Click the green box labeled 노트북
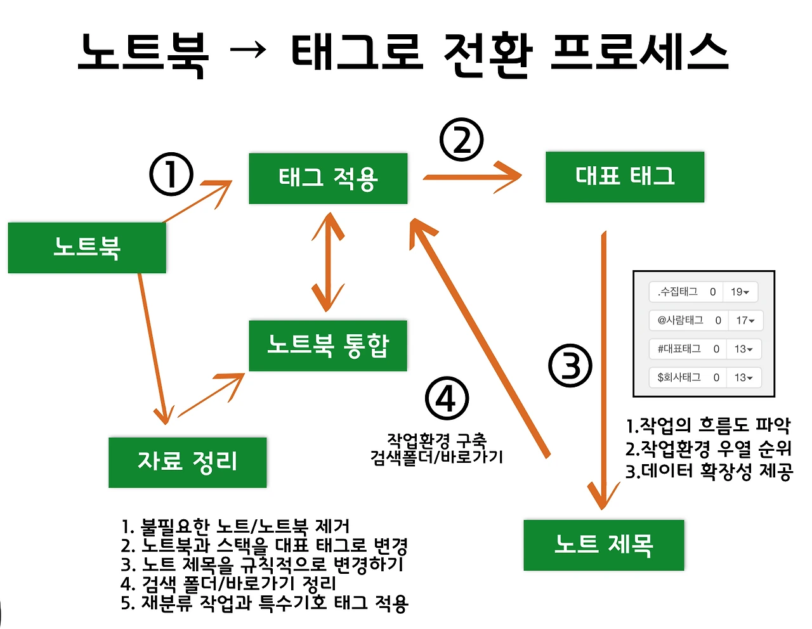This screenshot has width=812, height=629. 87,247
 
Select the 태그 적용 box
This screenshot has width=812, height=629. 328,178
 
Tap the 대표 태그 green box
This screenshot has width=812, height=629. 625,177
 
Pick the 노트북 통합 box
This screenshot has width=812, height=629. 328,346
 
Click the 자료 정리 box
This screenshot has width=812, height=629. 187,462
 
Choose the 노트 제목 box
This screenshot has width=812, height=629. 603,545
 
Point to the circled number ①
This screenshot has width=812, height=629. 171,174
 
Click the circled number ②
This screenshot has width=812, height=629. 462,139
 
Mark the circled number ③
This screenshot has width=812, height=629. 570,366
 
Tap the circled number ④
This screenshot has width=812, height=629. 447,399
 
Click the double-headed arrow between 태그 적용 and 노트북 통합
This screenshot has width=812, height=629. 328,261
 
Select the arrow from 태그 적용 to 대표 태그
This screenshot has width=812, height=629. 472,177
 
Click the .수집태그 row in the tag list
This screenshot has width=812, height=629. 704,292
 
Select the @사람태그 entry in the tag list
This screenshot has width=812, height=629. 705,320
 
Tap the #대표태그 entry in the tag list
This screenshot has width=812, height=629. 705,349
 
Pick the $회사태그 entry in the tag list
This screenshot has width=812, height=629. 705,377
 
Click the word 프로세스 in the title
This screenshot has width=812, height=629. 639,52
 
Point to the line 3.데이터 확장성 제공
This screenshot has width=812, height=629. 709,471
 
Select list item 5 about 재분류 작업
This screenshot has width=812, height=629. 264,602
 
